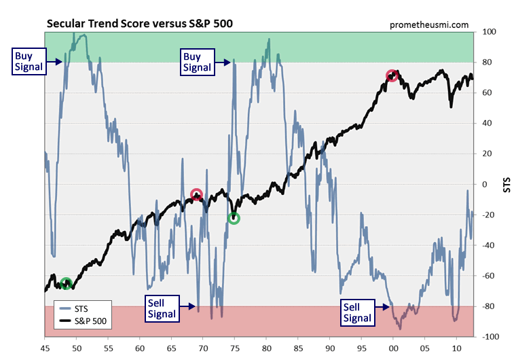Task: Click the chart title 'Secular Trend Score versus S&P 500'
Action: click(x=139, y=24)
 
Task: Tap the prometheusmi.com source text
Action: click(x=429, y=24)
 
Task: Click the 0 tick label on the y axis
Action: click(x=485, y=184)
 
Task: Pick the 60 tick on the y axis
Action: click(x=487, y=93)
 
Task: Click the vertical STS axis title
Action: click(x=506, y=184)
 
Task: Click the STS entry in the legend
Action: click(x=81, y=308)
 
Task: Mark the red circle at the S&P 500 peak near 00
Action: click(x=392, y=75)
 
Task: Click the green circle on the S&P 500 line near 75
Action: click(x=234, y=218)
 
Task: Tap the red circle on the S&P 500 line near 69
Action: click(x=196, y=195)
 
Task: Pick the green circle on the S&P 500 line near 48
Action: click(x=66, y=283)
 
